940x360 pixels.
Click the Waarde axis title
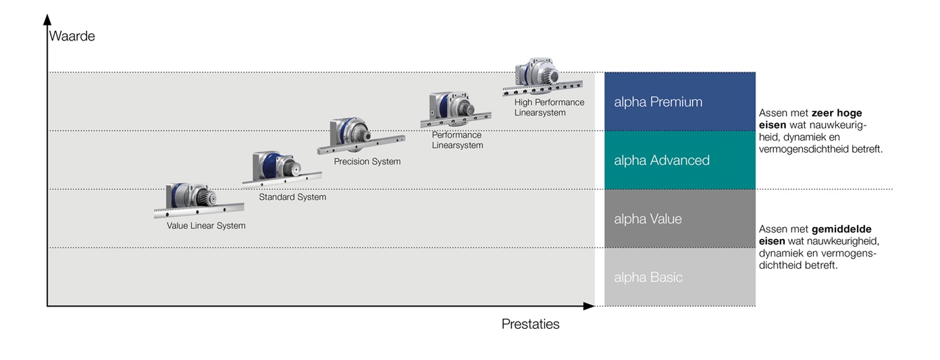tap(72, 36)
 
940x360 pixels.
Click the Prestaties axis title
tap(530, 324)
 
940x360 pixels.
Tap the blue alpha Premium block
tap(680, 101)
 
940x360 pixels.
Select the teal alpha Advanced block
tap(680, 160)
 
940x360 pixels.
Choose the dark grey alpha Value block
tap(680, 219)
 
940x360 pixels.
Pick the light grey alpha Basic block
tap(680, 277)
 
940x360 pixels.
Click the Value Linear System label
tap(206, 226)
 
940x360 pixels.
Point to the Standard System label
tap(292, 197)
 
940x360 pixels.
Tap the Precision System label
tap(367, 161)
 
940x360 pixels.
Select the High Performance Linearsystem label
tap(549, 107)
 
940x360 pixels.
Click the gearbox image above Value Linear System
tap(199, 201)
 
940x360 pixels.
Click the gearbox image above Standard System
tap(282, 169)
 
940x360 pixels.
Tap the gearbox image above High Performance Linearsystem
tap(543, 77)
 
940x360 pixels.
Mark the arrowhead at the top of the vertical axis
tap(47, 20)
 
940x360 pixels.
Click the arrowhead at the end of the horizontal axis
tap(589, 306)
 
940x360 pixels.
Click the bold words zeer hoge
tap(837, 113)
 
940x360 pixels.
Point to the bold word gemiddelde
tap(841, 229)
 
